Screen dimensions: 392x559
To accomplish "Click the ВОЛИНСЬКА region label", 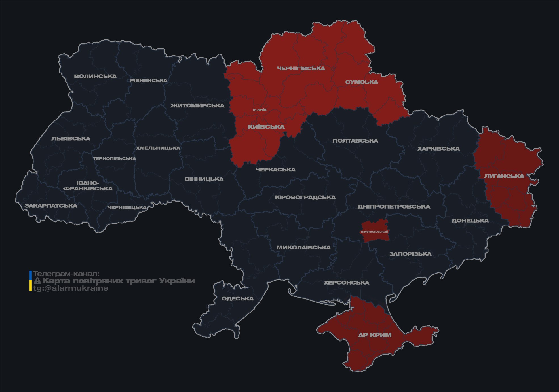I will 95,76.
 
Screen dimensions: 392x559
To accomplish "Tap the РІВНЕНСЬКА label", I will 149,80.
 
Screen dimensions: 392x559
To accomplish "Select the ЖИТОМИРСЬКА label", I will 197,106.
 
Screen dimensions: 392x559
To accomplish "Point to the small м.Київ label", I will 260,110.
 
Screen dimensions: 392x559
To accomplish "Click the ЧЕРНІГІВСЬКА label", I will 301,68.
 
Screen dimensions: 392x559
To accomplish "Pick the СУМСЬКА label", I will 362,82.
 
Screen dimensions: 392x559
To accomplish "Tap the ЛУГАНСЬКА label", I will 504,176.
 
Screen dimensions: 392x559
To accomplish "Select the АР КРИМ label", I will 375,335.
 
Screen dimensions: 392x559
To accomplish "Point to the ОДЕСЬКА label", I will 237,299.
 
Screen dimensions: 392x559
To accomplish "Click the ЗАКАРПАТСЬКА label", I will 51,206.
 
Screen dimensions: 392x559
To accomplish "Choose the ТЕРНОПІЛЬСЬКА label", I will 115,159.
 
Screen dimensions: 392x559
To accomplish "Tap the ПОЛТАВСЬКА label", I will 355,141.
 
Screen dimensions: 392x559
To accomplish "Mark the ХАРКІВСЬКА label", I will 438,149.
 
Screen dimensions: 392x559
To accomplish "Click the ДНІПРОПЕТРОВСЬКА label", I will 394,207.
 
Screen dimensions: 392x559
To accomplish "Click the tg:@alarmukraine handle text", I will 71,288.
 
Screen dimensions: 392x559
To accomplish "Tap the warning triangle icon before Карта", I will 37,281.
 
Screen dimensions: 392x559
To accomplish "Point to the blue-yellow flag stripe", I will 31,281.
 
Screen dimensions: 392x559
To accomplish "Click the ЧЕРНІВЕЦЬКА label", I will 127,207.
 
